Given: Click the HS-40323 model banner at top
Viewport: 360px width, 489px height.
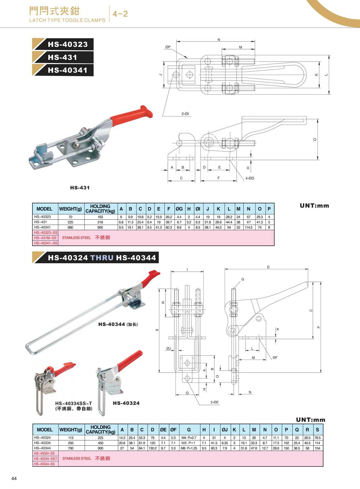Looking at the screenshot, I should tap(67, 44).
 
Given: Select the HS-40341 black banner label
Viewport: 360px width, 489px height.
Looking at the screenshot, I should tap(67, 70).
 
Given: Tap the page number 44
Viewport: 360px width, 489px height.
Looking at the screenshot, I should tap(14, 478).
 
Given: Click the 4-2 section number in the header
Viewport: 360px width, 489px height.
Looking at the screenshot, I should tap(120, 14).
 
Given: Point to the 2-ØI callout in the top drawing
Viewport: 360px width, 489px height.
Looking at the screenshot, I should tap(185, 114).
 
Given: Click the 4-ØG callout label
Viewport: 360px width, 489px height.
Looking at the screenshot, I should tap(250, 178).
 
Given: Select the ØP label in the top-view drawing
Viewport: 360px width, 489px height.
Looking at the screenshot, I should tap(168, 47).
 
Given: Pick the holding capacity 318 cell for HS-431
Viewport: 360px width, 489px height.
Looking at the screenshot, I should tap(100, 222).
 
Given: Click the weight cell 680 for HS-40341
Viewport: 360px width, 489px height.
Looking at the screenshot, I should tap(70, 228).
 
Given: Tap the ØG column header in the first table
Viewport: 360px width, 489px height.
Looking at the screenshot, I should tap(179, 209).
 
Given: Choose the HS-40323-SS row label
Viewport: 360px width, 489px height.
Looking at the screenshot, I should tap(46, 233).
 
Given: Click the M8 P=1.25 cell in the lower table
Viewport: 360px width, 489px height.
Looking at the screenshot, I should tap(189, 448).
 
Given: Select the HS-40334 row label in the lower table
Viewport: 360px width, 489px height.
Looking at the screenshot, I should tap(43, 443).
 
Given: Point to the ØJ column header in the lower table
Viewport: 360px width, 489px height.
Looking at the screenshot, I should tap(224, 430).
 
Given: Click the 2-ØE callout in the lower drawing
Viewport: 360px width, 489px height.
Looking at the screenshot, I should tap(214, 402).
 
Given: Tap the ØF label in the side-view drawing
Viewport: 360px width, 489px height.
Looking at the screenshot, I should tap(275, 358).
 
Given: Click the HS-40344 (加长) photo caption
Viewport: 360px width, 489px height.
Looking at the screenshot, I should tap(118, 324).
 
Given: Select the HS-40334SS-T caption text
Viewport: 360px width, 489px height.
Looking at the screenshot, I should tap(73, 403).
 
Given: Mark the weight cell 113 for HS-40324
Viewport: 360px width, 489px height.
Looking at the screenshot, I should tap(71, 438).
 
